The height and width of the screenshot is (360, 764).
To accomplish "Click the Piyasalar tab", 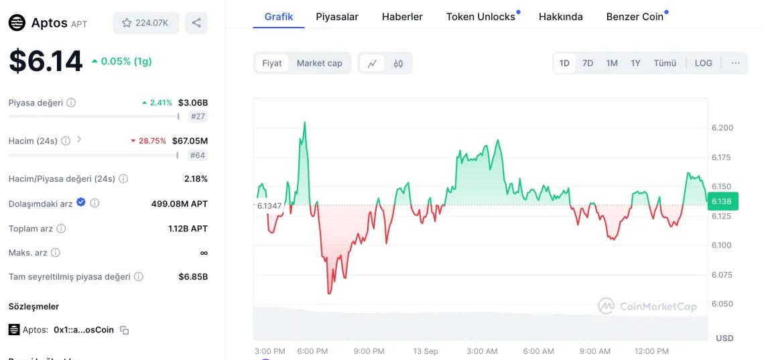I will [x=337, y=17].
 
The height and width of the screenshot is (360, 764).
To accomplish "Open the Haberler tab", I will [x=402, y=17].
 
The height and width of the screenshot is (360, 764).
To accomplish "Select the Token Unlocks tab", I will [x=481, y=17].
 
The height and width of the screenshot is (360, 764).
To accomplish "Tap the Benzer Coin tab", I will [x=635, y=17].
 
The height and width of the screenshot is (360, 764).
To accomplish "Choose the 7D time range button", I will [x=588, y=63].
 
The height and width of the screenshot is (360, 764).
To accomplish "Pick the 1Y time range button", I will [x=635, y=63].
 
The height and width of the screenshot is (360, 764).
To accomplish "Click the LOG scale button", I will [x=704, y=63].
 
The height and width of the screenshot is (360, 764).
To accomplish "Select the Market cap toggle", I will [x=319, y=63].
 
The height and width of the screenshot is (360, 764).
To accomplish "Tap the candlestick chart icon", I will [x=398, y=64].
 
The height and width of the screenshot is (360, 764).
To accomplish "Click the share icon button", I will [x=196, y=23].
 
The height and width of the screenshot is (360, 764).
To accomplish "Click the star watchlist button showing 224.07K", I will [x=145, y=23].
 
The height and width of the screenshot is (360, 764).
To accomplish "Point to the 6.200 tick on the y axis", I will [x=722, y=128].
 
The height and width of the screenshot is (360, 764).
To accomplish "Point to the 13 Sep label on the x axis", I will [x=426, y=351].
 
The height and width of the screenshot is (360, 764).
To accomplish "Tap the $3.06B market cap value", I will [x=193, y=103].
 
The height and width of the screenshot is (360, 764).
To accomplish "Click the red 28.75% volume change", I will [x=152, y=141].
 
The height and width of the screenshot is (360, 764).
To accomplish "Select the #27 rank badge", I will [x=198, y=117].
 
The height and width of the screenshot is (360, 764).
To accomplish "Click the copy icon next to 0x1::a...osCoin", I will [x=124, y=331].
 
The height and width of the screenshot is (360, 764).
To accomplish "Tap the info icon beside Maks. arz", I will [x=56, y=253].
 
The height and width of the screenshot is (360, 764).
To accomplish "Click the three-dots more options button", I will [x=736, y=63].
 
